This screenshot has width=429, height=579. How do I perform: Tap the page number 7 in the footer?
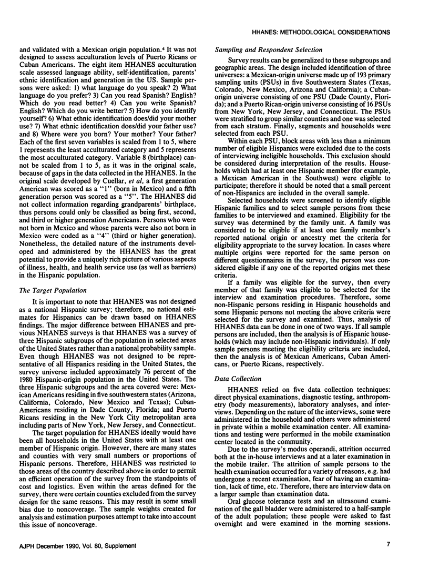click(x=387, y=558)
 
